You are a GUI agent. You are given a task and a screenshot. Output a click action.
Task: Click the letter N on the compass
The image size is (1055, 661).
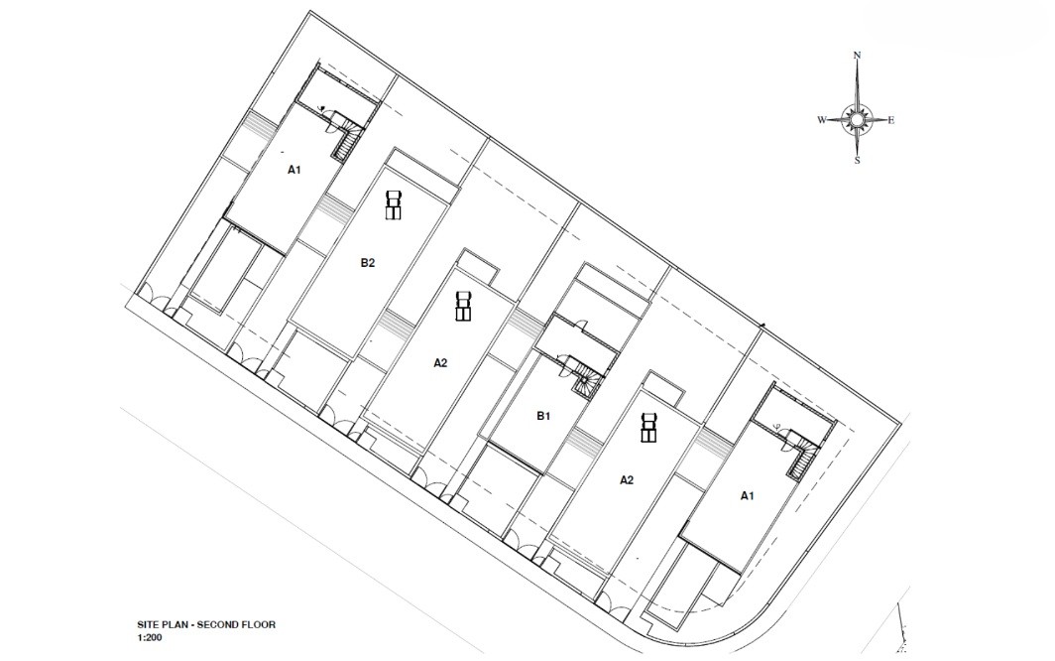(857, 56)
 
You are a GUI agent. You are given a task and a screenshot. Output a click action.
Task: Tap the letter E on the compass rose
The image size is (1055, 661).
(890, 121)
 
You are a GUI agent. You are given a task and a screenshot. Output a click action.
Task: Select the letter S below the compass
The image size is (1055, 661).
(857, 161)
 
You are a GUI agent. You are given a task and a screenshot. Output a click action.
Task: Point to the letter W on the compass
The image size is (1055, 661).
(822, 121)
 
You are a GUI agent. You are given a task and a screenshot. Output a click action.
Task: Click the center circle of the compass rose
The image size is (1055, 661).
(857, 120)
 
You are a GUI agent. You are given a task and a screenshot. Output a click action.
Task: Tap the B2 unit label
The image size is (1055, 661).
(367, 263)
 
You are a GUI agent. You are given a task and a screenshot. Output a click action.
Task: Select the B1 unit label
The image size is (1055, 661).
(543, 417)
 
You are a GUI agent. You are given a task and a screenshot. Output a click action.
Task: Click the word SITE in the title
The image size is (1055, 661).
(148, 624)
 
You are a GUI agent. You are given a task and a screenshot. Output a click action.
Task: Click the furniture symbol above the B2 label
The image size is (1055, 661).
(394, 204)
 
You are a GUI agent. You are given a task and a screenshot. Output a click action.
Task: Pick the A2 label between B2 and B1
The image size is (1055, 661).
(440, 363)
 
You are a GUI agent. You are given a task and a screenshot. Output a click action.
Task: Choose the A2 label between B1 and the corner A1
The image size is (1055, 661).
(627, 479)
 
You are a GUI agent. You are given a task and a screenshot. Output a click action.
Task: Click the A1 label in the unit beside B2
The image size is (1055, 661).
(294, 170)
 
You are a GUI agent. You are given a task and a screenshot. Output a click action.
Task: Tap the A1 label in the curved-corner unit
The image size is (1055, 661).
(747, 496)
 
